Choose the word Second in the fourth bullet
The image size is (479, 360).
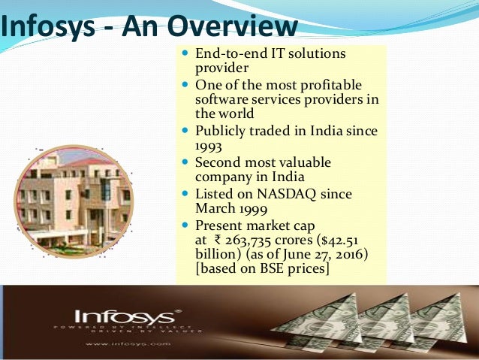click(x=218, y=162)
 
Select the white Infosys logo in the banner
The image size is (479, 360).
click(x=128, y=316)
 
